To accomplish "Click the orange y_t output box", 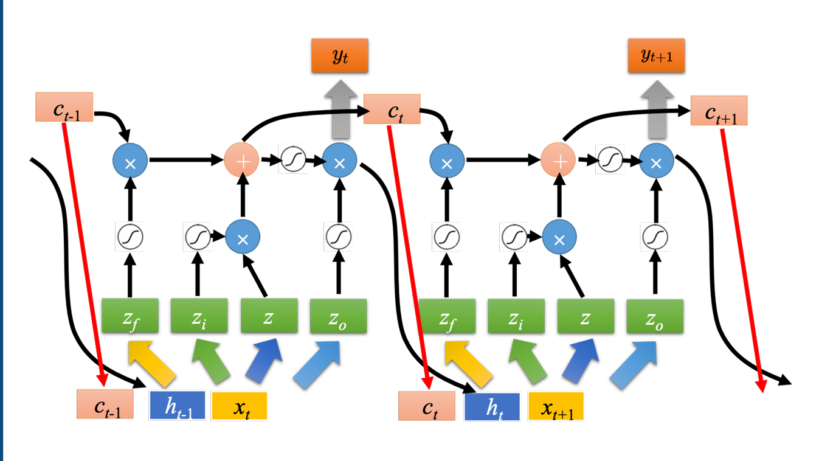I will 340,56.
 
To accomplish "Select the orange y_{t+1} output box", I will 656,56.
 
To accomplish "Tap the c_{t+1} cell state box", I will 719,111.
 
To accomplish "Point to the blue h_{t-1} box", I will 177,406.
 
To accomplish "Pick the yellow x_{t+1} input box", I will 556,406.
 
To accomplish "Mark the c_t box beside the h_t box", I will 427,406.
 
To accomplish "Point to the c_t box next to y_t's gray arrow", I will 392,109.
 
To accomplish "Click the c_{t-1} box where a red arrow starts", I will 64,107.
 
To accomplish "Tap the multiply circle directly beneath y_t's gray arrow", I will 339,161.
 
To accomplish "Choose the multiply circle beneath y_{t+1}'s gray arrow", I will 655,161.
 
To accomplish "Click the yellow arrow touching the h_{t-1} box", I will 152,363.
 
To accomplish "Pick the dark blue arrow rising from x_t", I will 264,363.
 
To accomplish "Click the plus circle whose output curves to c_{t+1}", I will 558,161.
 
